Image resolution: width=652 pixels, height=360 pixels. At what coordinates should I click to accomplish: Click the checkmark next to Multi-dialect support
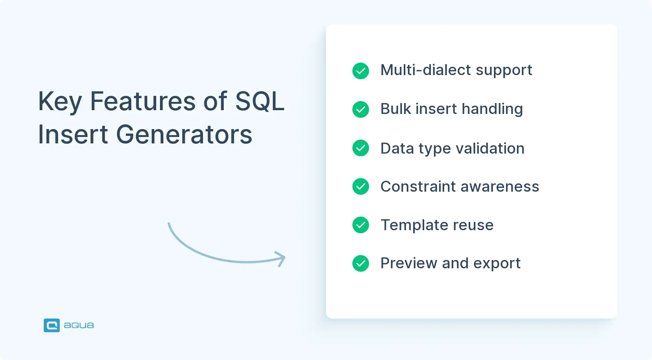click(361, 71)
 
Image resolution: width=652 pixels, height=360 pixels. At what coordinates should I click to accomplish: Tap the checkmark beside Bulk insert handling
click(361, 109)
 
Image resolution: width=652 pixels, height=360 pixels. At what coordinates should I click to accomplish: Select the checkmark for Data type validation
click(361, 148)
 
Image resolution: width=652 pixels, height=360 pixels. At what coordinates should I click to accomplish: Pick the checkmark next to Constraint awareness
click(361, 186)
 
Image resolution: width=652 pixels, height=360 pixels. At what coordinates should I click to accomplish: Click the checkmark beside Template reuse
click(361, 225)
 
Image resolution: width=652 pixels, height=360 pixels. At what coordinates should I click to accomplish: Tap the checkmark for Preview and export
click(361, 263)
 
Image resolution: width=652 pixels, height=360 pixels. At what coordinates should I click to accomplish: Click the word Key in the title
click(60, 102)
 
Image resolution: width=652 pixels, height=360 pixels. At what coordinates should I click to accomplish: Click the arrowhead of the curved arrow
click(281, 259)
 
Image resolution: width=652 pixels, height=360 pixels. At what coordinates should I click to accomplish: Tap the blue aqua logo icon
click(52, 325)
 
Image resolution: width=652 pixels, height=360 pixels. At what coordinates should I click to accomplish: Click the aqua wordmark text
click(78, 325)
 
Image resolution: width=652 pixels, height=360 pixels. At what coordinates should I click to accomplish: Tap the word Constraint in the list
click(418, 186)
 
